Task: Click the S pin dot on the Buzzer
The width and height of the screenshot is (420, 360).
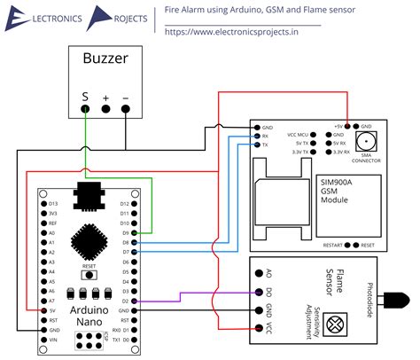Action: click(x=85, y=110)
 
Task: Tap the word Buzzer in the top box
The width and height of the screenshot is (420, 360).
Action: click(x=105, y=60)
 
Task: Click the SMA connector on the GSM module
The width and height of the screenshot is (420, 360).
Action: click(x=364, y=142)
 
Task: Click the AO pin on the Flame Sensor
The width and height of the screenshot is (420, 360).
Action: click(x=258, y=272)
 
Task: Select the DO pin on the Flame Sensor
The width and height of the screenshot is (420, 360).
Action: click(x=258, y=291)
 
